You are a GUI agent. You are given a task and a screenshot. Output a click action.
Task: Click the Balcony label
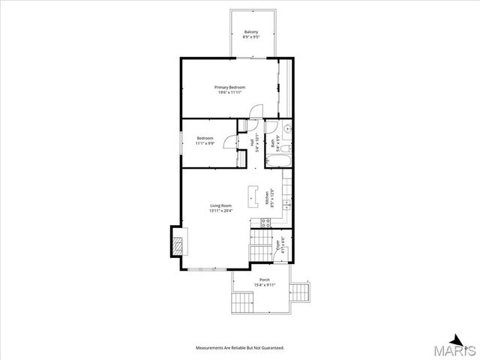(x=252, y=34)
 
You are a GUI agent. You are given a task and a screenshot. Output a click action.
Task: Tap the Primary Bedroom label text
(x=232, y=90)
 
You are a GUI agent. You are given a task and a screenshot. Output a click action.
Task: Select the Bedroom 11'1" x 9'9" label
(x=205, y=140)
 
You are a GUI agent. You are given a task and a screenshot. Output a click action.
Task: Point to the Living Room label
(x=220, y=208)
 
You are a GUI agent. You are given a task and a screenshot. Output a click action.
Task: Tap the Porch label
(x=265, y=282)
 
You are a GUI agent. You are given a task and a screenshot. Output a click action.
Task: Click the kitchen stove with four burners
(x=265, y=221)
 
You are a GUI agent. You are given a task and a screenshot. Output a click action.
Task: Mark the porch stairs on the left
(x=242, y=304)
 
